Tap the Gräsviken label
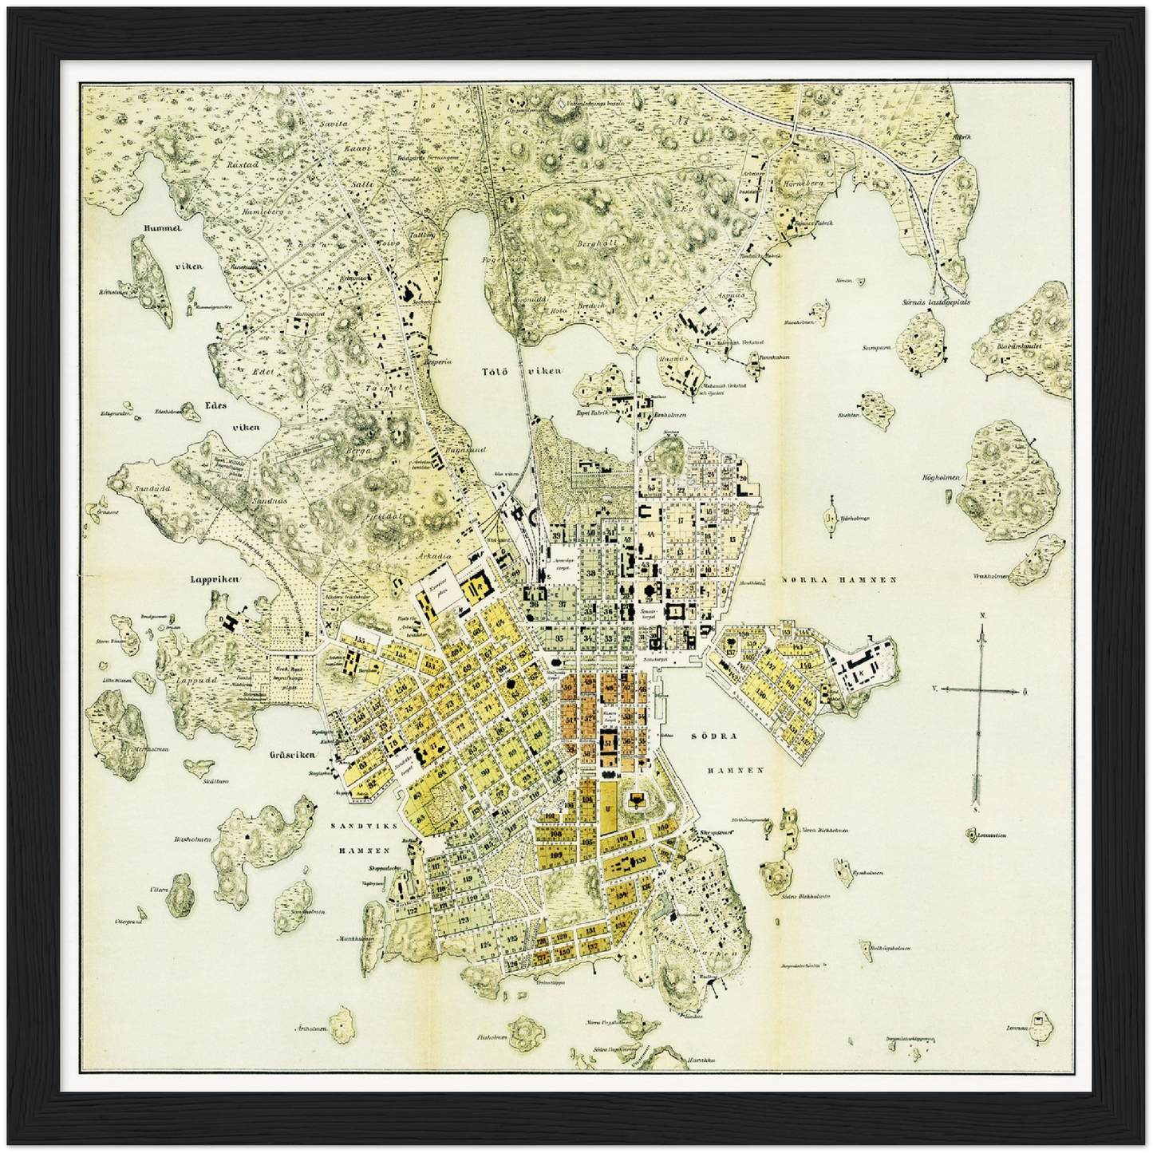coord(289,754)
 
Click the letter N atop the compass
coord(983,616)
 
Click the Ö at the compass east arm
coord(1025,691)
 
